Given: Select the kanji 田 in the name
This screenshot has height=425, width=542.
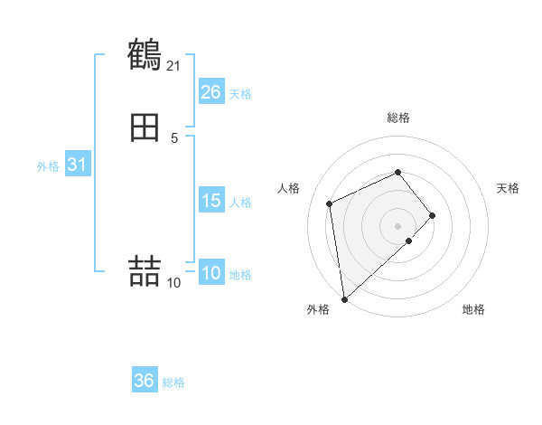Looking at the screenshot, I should [x=145, y=129].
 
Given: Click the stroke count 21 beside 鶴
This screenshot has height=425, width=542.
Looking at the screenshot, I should [x=174, y=66].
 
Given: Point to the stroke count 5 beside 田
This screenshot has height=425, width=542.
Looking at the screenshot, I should [x=174, y=138].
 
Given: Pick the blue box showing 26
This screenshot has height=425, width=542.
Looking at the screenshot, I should [x=211, y=92].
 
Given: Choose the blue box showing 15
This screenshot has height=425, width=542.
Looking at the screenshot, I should [x=211, y=201].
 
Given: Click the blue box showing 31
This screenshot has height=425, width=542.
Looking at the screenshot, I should [x=77, y=165].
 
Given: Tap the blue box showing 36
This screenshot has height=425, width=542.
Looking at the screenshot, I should [x=145, y=381].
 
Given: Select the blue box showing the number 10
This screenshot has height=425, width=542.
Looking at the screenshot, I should [x=211, y=273].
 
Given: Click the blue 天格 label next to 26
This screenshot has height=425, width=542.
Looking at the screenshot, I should [x=240, y=94].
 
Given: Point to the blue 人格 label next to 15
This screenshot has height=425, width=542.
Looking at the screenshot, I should [x=240, y=203].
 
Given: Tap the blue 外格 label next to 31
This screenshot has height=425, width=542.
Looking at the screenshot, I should [x=48, y=166].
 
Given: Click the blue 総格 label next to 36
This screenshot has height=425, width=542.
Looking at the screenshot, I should [x=173, y=382].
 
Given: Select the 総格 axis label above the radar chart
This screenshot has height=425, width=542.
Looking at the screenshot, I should [x=398, y=118].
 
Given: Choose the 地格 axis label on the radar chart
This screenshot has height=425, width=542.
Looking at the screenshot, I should [x=473, y=310].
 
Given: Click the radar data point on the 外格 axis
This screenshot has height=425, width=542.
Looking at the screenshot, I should [x=343, y=299].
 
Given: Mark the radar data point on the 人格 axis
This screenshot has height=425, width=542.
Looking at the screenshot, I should [x=331, y=203].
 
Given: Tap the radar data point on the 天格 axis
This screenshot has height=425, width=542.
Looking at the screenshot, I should [x=433, y=215].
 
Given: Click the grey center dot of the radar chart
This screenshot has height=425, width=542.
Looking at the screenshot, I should [x=398, y=225].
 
